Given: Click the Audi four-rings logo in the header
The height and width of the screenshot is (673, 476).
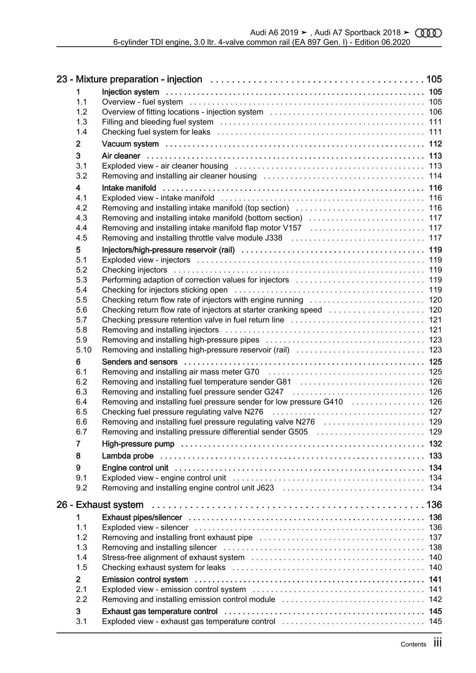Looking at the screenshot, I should pos(428,33).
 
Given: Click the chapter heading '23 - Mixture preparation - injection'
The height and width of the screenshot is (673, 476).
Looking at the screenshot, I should pos(129,79).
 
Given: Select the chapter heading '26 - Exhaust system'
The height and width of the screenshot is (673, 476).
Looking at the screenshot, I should pos(100,505).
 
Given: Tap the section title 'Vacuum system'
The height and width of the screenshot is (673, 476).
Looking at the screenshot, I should pos(130,144).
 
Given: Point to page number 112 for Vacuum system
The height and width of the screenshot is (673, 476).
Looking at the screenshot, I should pos(435,144).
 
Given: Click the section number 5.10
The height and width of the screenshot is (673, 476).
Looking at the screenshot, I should pos(84,350).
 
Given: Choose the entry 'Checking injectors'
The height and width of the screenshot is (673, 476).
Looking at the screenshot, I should pos(134,270).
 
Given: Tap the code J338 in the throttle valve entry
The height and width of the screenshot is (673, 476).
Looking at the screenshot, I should pos(273,238).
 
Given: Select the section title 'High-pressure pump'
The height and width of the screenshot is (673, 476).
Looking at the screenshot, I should pos(138,444).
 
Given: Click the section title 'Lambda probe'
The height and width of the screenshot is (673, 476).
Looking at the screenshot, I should pos(127,456).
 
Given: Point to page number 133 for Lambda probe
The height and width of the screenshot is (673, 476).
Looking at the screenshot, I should pos(435,456).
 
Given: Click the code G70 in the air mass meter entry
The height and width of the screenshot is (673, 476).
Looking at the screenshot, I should pos(251,372).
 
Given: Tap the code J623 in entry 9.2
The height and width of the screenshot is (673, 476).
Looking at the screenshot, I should pos(265,488).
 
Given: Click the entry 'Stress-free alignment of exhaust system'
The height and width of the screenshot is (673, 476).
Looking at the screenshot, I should pos(173,557).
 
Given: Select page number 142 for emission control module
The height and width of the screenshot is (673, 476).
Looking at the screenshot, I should pos(435,599).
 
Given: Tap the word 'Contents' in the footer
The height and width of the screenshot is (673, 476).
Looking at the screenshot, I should pos(413,645).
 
